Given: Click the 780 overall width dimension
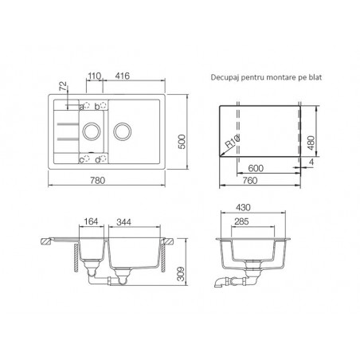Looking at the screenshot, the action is pos(98,181).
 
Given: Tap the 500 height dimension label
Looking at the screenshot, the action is pos(182,142).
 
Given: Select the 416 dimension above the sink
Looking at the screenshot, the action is pos(123,76).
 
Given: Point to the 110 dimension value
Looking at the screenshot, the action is pos(95,76).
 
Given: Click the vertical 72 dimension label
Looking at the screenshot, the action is pos(64,86).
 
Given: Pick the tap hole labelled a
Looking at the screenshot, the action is pos(87,105).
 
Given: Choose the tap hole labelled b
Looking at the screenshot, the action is pos(103,105).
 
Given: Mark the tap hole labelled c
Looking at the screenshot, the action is pos(87,158).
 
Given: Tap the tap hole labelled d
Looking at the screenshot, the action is pos(103,158).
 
